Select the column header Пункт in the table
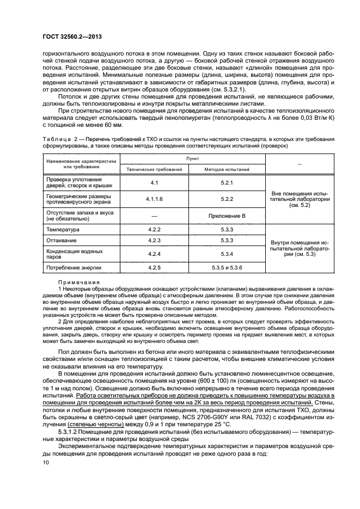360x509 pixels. [x=192, y=156]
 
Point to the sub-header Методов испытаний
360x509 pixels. [x=227, y=170]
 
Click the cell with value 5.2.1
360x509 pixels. [x=228, y=182]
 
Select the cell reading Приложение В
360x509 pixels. [x=228, y=216]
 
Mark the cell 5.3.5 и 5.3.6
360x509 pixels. [x=228, y=267]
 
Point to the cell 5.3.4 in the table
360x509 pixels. [x=228, y=254]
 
